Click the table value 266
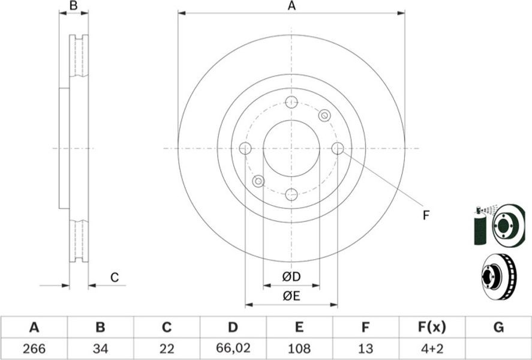[x=34, y=349]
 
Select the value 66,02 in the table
[x=232, y=348]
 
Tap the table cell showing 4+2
[x=432, y=349]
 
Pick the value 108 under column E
[x=299, y=349]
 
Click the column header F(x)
[x=432, y=328]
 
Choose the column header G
[x=498, y=328]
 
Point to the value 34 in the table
[x=100, y=349]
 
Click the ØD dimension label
[x=291, y=277]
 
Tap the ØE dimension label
[x=291, y=296]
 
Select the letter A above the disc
[x=291, y=5]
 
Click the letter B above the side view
[x=74, y=5]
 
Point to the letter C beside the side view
[x=115, y=278]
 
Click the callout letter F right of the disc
[x=426, y=215]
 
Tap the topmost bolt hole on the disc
[x=291, y=102]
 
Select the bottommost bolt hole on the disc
[x=291, y=195]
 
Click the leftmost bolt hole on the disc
[x=245, y=148]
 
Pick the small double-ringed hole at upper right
[x=324, y=116]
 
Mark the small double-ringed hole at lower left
[x=259, y=181]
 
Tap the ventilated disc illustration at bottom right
[x=500, y=277]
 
